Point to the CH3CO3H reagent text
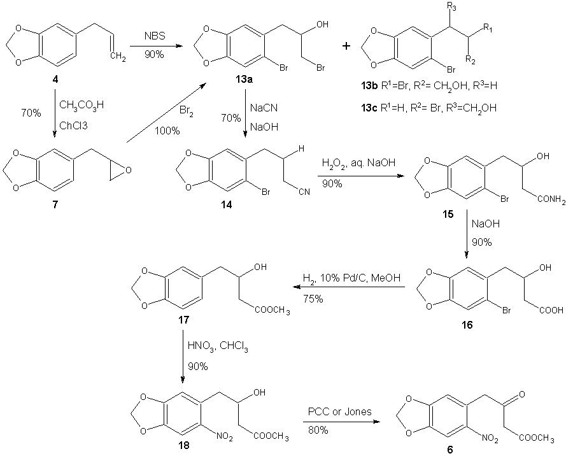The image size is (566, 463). coord(81,104)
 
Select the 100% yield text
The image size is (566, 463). coord(168,132)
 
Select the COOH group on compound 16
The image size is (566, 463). coord(549,311)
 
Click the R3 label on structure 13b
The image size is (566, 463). coord(453,7)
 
